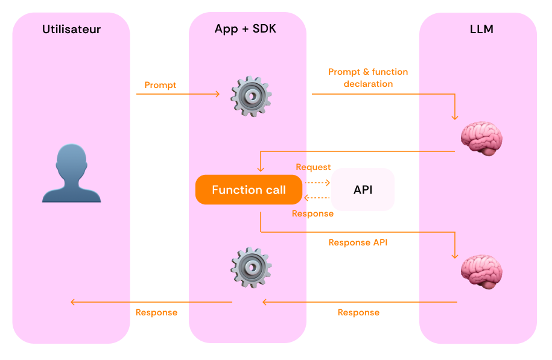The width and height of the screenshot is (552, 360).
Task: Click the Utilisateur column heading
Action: pos(71,29)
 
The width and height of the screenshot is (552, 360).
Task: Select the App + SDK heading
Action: pos(246,29)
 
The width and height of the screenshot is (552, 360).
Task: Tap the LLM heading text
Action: pos(481,29)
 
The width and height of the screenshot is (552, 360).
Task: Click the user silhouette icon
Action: pos(71,173)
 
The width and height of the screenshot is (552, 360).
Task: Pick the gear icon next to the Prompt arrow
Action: pos(251,96)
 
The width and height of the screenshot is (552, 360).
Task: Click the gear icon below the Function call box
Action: pos(251,268)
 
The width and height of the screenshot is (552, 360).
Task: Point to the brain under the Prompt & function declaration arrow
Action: pos(481,138)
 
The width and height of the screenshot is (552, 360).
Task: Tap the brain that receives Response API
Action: pos(481,272)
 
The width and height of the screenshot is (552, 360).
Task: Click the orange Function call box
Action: pos(249,190)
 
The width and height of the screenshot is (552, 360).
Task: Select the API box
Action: pos(363,190)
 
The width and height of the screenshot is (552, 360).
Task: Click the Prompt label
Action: pos(160,85)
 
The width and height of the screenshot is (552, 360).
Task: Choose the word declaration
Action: pos(368,84)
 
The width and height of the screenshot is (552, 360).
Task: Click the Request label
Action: pos(313,167)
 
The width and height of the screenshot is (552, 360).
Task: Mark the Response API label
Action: pos(358,242)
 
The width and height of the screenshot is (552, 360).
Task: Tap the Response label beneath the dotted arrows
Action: pos(312,213)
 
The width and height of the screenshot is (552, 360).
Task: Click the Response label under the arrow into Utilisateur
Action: pos(156,312)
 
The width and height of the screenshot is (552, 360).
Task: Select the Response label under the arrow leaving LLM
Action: pos(358,312)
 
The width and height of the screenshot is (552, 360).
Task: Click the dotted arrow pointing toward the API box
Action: pos(317,183)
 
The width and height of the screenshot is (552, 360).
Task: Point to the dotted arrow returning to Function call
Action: pos(317,198)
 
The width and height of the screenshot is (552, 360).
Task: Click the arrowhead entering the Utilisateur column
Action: pos(72,302)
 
